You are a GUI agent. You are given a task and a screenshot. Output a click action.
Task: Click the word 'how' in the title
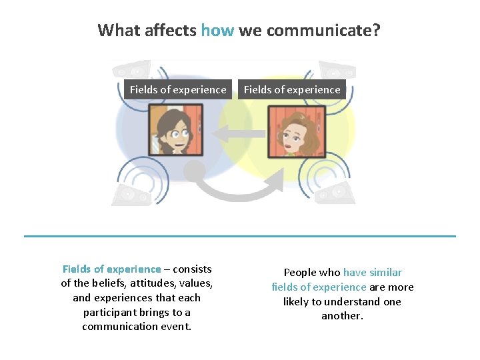tap(217, 30)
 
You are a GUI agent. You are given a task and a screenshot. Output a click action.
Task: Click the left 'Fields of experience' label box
tap(178, 89)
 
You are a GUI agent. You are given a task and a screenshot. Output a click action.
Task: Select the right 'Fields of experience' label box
tap(292, 89)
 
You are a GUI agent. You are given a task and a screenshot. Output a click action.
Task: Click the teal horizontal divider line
tap(240, 236)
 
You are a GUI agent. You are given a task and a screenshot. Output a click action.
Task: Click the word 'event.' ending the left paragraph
tap(176, 327)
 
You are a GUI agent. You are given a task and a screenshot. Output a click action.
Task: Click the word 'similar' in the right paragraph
tap(383, 273)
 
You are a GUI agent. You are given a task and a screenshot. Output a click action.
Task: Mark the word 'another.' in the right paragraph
tap(342, 316)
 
